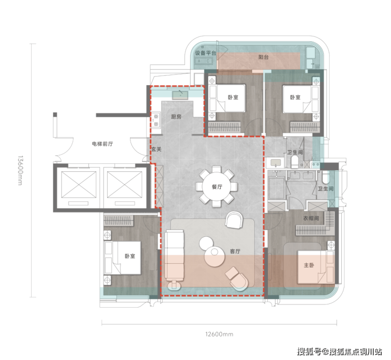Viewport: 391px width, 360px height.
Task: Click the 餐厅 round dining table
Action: point(217,187)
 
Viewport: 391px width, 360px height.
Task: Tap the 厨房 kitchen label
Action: point(176,117)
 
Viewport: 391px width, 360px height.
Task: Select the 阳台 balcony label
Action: point(263,57)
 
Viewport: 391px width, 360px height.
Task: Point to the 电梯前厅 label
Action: point(102,144)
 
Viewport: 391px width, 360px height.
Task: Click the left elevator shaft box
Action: point(79,184)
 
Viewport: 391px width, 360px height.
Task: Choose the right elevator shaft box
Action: point(125,184)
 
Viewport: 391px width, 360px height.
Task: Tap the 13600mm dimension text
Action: point(20,170)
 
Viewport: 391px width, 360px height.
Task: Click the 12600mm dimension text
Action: point(219,334)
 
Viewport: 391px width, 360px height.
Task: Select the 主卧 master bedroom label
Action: point(309,265)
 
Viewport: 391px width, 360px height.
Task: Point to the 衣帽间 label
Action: point(311,218)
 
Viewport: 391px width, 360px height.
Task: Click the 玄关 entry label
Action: point(156,149)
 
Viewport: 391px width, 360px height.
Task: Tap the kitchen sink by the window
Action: point(180,95)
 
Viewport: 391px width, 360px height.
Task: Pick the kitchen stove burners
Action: point(156,120)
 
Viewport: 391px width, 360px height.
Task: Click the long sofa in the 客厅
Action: point(174,258)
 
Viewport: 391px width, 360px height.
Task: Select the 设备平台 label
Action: point(206,53)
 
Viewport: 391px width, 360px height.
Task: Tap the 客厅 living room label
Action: point(235,251)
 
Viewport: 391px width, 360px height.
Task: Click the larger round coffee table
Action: point(215,257)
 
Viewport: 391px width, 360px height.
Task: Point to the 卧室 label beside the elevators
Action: point(129,256)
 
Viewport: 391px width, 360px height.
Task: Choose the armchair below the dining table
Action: point(234,220)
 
